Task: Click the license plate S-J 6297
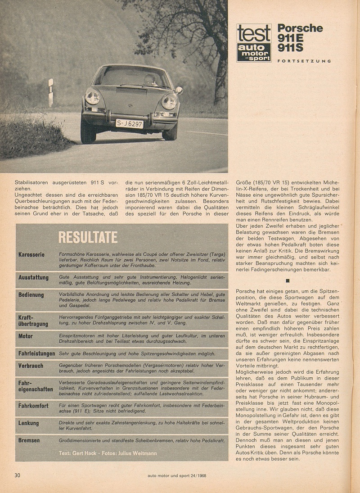(x=129, y=123)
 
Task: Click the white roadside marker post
(x=51, y=92)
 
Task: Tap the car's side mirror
(x=179, y=90)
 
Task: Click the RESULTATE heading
(x=88, y=237)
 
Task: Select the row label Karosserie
(x=31, y=254)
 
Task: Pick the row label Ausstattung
(x=33, y=278)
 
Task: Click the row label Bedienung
(x=31, y=295)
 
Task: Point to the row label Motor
(x=26, y=336)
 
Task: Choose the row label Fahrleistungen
(x=37, y=354)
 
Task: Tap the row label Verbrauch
(x=31, y=366)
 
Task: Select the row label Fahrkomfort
(x=34, y=406)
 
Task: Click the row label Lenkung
(x=29, y=423)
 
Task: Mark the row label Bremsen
(x=29, y=440)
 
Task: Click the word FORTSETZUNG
(x=304, y=61)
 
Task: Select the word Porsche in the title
(x=300, y=28)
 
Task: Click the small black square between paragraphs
(x=288, y=281)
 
